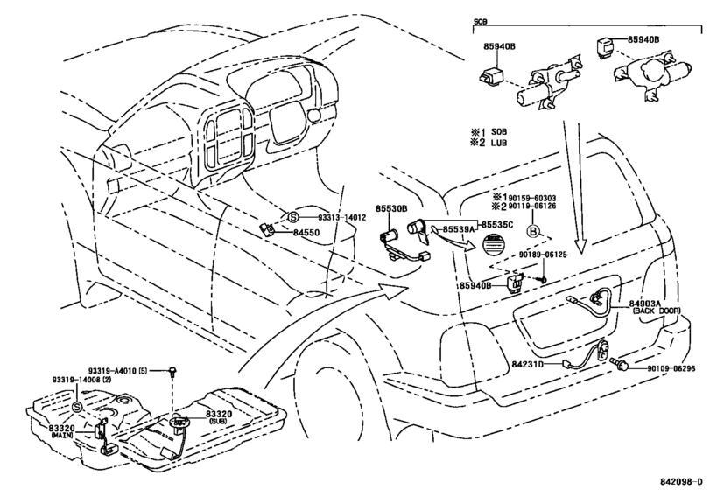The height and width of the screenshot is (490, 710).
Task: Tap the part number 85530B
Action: (x=391, y=208)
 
